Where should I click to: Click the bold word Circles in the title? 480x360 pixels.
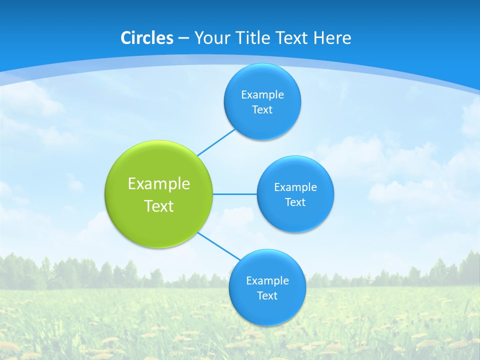tap(146, 38)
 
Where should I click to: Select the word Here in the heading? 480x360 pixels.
tap(332, 38)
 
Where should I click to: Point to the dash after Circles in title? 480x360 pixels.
tap(183, 38)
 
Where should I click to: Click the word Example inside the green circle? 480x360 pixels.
tap(159, 184)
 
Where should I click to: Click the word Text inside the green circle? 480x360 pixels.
tap(159, 206)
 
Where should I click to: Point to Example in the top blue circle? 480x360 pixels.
tap(262, 95)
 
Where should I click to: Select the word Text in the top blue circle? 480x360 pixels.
tap(262, 110)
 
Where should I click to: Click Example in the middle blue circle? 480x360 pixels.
tap(295, 187)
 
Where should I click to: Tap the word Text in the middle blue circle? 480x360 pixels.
tap(295, 202)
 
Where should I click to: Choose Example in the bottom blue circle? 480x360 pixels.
tap(267, 281)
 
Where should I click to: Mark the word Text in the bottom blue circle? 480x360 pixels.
tap(267, 296)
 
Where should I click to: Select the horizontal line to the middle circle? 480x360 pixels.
tap(235, 194)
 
